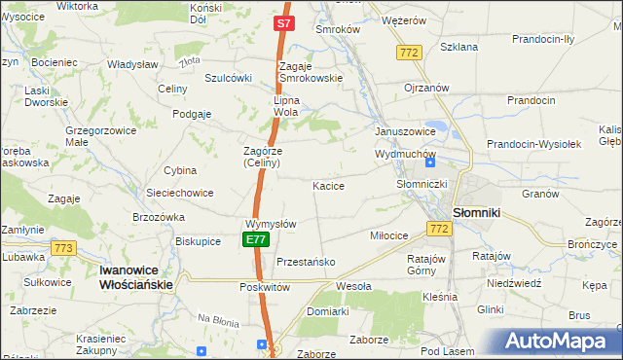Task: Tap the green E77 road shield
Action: point(255,239)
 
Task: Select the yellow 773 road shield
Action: point(64,248)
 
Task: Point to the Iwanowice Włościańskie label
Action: point(136,277)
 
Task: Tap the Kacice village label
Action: point(328,185)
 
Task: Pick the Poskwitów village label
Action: point(265,288)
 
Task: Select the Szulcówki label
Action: point(229,79)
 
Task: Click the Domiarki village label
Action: point(327,311)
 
